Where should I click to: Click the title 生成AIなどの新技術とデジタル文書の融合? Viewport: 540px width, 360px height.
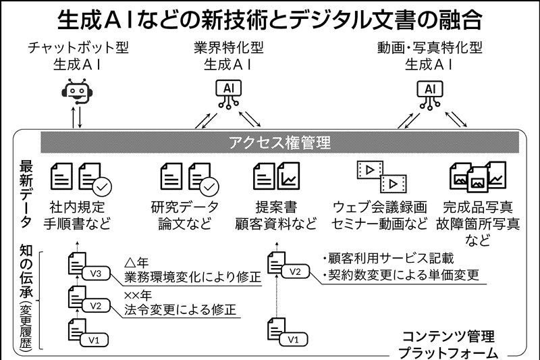[x=269, y=19]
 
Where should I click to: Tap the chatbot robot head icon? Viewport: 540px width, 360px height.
[x=76, y=92]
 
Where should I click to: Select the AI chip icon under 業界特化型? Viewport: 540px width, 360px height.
[x=227, y=93]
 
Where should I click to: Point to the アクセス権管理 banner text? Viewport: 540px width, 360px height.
[x=280, y=143]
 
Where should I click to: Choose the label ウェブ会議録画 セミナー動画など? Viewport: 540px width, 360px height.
[x=381, y=215]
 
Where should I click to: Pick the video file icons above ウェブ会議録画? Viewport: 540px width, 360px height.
[x=380, y=175]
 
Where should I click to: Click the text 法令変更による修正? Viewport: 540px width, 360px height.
[x=180, y=311]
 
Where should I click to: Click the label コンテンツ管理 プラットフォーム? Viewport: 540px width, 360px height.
[x=448, y=344]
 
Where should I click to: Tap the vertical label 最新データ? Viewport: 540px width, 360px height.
[x=26, y=197]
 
